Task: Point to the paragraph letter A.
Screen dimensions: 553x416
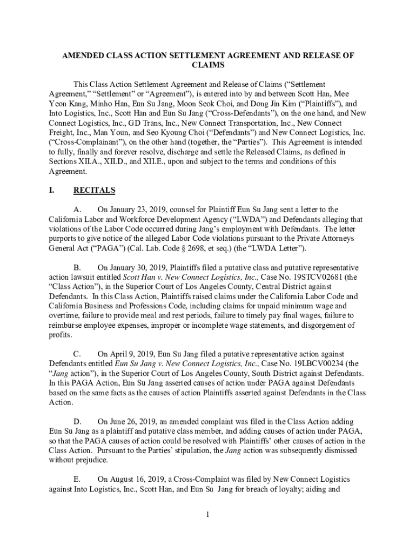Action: coord(77,209)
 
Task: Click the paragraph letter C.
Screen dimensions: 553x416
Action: coord(77,354)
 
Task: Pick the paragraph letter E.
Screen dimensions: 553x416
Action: coord(77,480)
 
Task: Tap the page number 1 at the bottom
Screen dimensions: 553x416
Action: coord(207,514)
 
